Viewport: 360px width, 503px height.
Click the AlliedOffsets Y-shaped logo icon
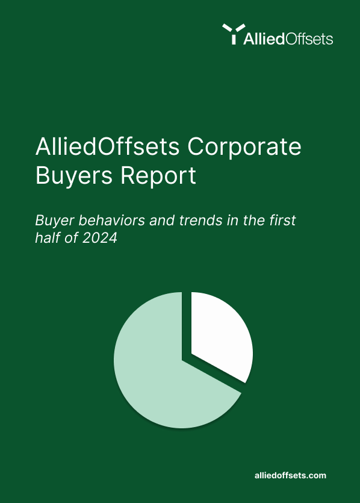coord(234,34)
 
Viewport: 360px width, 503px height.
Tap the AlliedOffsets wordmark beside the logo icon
coord(288,39)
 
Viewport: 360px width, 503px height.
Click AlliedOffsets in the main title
coord(107,146)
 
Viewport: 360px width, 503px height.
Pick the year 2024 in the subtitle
coord(100,238)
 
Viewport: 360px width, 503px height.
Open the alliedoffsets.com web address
coord(290,475)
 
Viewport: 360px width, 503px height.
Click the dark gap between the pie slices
coord(187,324)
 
